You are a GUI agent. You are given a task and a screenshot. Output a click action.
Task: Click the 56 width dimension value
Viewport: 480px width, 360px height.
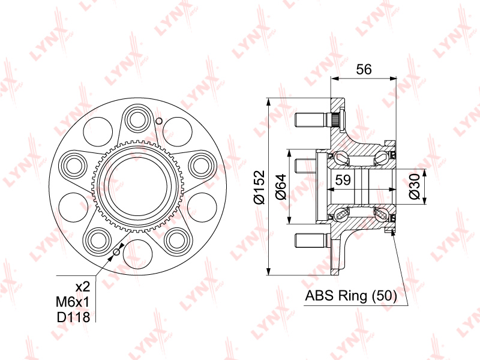tap(364, 69)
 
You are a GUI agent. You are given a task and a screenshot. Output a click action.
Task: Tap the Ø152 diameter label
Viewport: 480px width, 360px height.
tap(259, 187)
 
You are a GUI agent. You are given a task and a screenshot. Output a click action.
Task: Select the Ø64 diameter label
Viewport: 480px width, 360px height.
tap(281, 187)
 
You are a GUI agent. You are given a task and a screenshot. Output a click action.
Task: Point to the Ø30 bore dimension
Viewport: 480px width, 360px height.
tap(414, 187)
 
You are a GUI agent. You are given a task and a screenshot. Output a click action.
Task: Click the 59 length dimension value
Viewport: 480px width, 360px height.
tap(343, 180)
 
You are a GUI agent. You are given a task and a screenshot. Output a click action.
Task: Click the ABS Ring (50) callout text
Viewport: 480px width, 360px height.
tap(351, 296)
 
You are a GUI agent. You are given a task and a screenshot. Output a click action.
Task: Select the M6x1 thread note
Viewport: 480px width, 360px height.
tap(73, 302)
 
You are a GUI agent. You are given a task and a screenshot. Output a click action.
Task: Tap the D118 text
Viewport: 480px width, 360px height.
tap(73, 317)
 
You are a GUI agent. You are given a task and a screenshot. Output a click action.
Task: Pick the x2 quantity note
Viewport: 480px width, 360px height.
tap(83, 287)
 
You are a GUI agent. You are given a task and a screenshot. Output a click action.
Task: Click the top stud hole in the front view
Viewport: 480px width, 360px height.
tap(137, 119)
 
